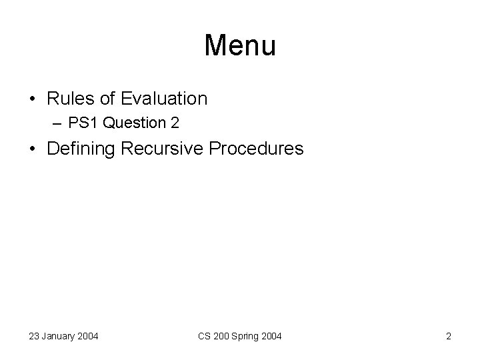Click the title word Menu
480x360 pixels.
(240, 46)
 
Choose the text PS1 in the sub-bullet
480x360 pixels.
(91, 124)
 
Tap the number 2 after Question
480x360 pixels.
(175, 124)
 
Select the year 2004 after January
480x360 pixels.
(87, 337)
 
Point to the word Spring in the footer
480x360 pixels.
(249, 337)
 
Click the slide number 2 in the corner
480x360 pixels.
(449, 337)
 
